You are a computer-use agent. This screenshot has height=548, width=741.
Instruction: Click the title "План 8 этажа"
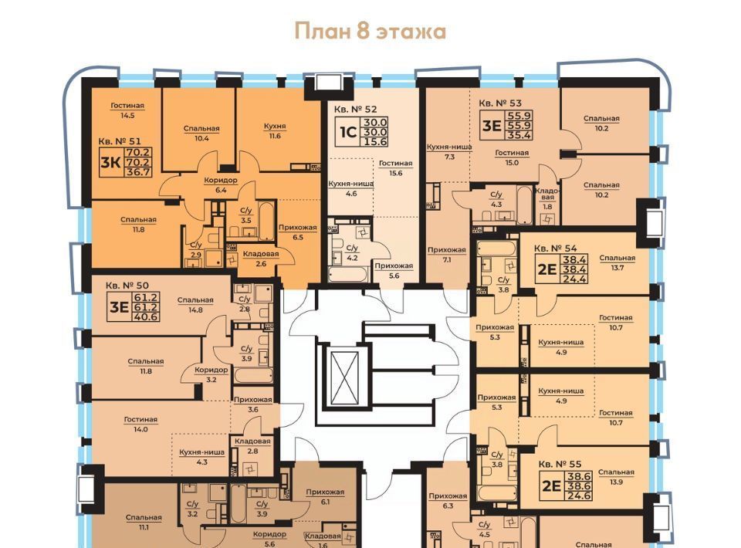coord(370,31)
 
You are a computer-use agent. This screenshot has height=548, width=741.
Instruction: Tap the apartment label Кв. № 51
coord(120,140)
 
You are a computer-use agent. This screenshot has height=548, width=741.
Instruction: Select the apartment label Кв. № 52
coord(355,109)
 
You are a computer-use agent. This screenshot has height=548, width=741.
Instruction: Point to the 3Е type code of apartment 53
coord(492,125)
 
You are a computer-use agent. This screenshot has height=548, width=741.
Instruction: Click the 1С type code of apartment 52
coord(348,132)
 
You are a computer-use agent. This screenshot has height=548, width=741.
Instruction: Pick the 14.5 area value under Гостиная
coord(127,115)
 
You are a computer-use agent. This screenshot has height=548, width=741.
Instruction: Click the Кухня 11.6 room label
coord(275,131)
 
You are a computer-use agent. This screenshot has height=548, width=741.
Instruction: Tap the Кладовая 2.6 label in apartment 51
coord(261,259)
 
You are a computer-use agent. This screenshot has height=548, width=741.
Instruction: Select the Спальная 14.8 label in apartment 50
coord(195,305)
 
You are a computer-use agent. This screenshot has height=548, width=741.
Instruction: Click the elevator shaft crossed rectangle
coord(344,378)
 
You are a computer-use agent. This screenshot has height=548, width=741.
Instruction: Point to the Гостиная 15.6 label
coord(395,167)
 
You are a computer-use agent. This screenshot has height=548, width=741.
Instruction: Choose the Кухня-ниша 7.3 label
coord(449,151)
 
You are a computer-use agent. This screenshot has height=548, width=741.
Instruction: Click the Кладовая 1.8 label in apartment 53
coord(547,198)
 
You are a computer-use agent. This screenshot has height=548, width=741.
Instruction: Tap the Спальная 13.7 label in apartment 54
coord(617,262)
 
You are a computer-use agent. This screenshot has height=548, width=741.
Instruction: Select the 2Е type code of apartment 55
coord(551,485)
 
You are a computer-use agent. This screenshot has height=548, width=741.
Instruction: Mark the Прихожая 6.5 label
coord(297,232)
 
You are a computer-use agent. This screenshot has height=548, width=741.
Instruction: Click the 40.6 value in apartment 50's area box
coord(146,317)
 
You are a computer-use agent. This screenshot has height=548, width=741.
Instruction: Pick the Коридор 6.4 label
coord(221,184)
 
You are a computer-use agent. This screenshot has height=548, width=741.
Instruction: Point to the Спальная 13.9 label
coord(616,477)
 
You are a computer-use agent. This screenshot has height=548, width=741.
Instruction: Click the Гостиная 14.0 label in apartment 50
coord(140,425)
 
